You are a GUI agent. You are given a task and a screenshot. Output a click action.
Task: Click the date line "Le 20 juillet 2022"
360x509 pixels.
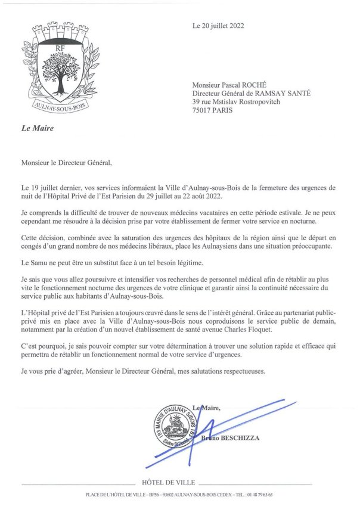tap(218, 26)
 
